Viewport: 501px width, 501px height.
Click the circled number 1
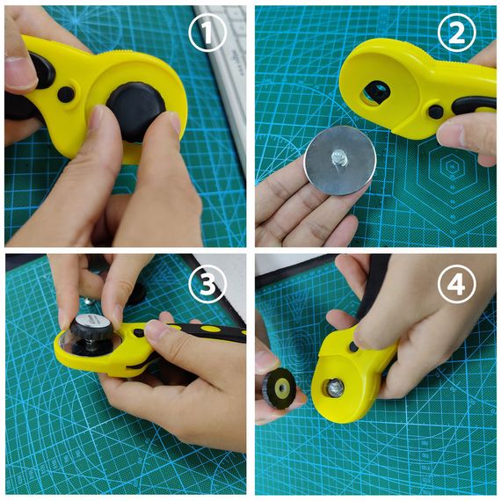207,33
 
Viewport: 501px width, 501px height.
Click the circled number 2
457,33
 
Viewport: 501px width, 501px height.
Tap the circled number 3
207,284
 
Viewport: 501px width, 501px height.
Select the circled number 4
457,284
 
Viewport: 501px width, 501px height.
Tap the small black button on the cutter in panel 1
66,94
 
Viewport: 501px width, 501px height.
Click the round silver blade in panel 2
340,160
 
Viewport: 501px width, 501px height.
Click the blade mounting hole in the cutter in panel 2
377,92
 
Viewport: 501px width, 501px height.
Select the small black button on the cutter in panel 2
435,112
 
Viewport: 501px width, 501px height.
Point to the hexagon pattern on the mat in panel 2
451,170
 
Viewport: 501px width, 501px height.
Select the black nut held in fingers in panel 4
280,388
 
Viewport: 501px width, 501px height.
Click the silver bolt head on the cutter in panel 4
336,388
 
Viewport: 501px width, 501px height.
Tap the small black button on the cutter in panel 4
353,347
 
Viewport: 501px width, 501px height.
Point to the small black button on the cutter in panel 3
138,333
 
